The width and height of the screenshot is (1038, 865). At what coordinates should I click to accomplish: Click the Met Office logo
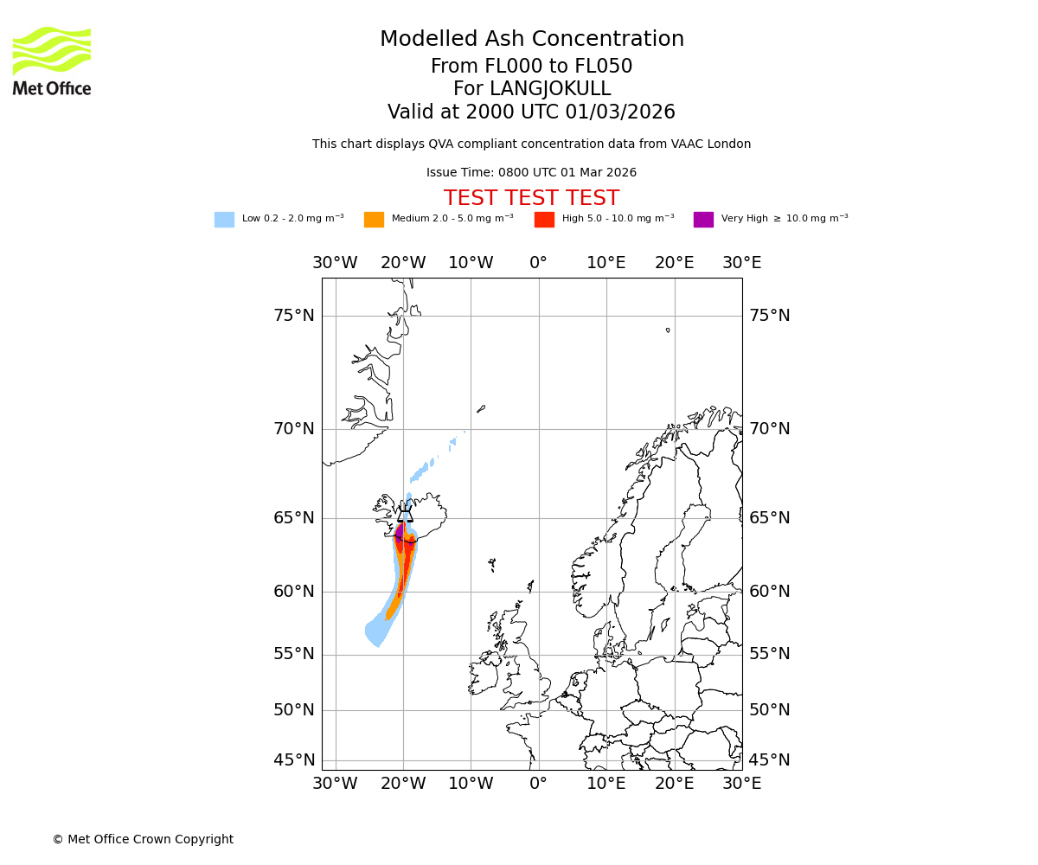(x=52, y=61)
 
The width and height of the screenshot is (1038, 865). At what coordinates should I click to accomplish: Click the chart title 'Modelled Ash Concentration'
(x=532, y=40)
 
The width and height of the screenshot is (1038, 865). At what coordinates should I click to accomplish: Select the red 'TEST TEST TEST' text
(x=531, y=198)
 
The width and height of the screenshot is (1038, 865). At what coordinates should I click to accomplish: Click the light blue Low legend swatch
(x=224, y=220)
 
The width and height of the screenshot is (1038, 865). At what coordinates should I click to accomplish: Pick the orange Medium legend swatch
(x=374, y=220)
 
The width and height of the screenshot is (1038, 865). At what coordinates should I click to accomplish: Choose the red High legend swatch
(x=544, y=220)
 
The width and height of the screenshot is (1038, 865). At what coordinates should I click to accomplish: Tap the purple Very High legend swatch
(x=703, y=220)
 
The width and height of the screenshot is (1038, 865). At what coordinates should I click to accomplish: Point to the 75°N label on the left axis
(x=294, y=316)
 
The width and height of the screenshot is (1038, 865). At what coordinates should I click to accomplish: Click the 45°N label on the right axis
(x=769, y=760)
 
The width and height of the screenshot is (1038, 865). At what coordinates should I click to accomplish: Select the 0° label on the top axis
(x=538, y=263)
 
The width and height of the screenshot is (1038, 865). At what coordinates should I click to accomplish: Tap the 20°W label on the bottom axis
(x=403, y=784)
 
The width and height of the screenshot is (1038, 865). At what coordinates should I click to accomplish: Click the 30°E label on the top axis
(x=741, y=263)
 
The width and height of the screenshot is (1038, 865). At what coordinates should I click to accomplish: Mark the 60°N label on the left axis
(x=294, y=592)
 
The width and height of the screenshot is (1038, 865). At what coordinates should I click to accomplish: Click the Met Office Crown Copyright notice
(x=143, y=840)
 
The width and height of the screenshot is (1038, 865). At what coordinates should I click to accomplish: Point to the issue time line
(x=531, y=173)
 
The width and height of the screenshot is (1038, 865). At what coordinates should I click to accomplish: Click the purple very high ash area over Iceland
(x=399, y=530)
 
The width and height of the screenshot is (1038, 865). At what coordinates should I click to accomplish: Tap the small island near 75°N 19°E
(x=668, y=330)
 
